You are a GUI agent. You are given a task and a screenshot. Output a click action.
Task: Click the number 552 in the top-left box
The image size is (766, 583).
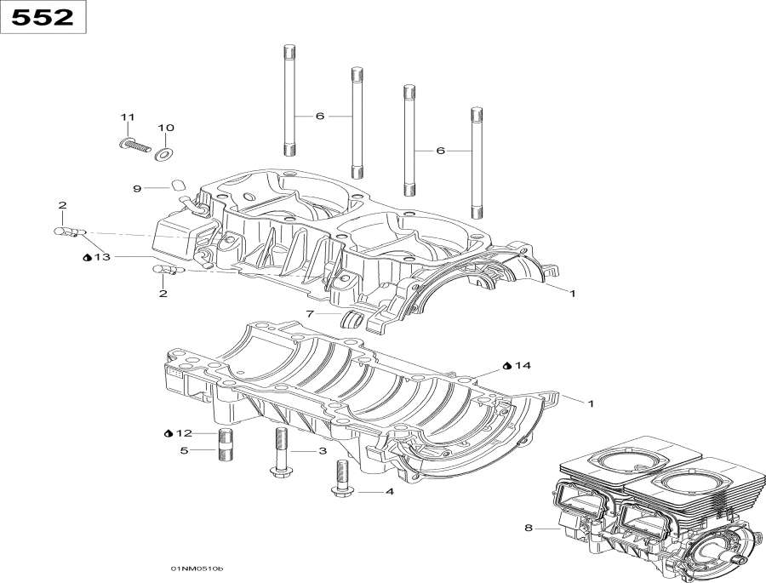coord(43,17)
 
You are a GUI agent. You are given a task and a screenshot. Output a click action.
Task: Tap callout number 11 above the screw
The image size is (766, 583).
coord(128,117)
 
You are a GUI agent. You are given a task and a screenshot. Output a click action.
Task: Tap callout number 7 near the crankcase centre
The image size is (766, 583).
coord(311,314)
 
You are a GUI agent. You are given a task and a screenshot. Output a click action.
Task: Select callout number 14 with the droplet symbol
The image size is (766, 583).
coord(522,365)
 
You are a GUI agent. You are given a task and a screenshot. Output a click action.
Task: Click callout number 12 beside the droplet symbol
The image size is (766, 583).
coord(184,434)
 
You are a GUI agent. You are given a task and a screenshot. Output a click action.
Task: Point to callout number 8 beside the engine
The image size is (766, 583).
coord(528,529)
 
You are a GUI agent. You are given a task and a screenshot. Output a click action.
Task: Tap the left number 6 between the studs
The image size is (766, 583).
coord(320,116)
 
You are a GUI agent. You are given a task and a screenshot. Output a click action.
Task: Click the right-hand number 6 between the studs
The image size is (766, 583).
coord(440,151)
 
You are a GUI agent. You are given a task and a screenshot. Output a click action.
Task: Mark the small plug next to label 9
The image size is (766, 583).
coord(178,185)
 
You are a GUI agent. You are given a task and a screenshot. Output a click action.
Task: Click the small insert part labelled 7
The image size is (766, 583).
coord(352,320)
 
